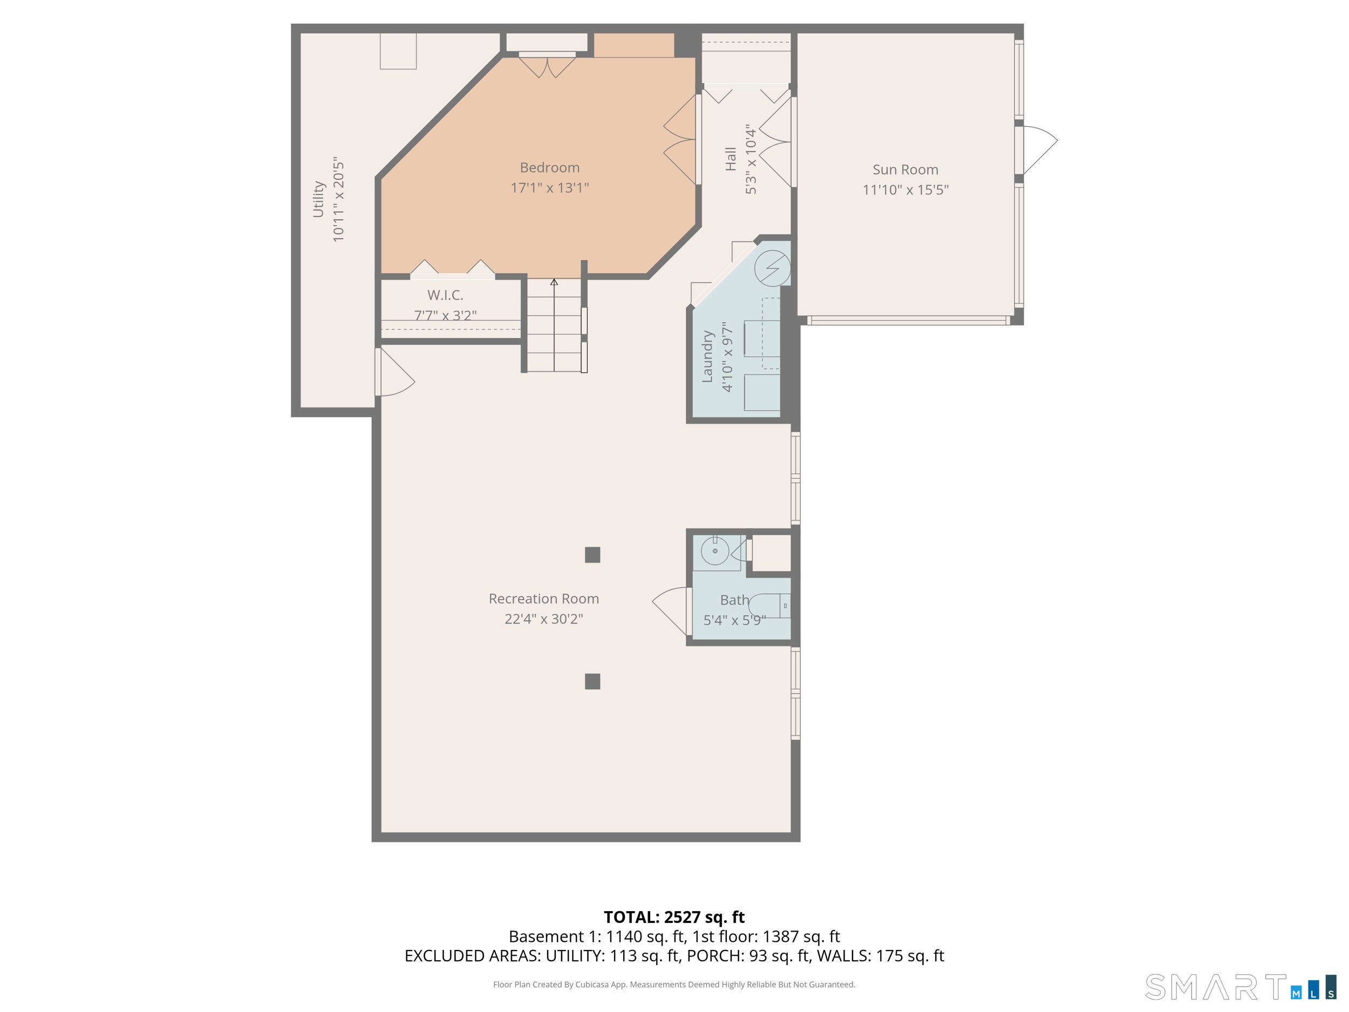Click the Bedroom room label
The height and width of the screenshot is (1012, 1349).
coord(549,168)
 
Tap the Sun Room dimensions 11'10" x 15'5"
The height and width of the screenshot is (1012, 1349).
coord(905,189)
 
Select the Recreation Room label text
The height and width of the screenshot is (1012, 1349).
coord(543,599)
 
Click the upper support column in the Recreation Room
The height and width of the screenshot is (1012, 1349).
coord(592,554)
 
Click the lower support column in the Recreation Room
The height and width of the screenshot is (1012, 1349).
coord(592,681)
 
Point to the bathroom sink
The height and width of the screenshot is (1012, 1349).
coord(715,551)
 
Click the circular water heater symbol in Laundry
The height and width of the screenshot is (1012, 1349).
coord(772,268)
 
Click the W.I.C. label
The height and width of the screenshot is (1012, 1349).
coord(445,295)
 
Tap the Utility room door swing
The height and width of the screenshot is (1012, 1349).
coord(395,373)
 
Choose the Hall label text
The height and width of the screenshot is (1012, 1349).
coord(731,159)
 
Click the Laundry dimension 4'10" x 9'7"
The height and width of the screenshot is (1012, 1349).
coord(727,357)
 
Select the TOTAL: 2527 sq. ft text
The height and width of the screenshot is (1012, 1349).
coord(674,918)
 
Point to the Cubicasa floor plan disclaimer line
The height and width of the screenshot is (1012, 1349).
coord(674,984)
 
